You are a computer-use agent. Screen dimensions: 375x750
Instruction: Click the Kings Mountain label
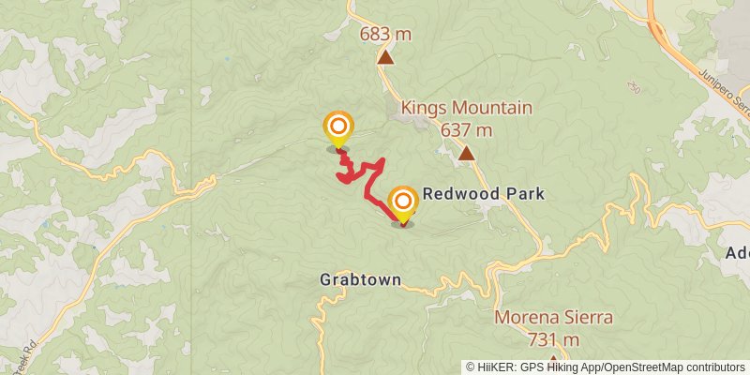coord(466,108)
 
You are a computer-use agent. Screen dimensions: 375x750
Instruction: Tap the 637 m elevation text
coord(466,129)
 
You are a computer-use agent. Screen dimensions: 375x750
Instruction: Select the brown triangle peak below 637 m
coord(466,152)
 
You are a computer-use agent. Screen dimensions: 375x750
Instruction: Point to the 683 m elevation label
coord(385,35)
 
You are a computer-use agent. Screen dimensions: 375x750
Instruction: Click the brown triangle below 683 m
coord(385,57)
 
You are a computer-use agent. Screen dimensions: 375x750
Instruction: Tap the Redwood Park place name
coord(483,195)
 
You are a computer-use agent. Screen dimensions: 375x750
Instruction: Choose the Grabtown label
coord(360,279)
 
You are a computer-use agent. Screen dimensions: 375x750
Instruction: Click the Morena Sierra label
coord(553,317)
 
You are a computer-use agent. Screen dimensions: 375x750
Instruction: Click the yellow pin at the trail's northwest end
coord(338,128)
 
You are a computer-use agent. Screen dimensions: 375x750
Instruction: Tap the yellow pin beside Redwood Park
coord(403,203)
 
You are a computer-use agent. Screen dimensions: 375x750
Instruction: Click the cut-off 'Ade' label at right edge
coord(738,253)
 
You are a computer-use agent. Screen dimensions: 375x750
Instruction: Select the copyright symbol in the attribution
coord(471,367)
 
